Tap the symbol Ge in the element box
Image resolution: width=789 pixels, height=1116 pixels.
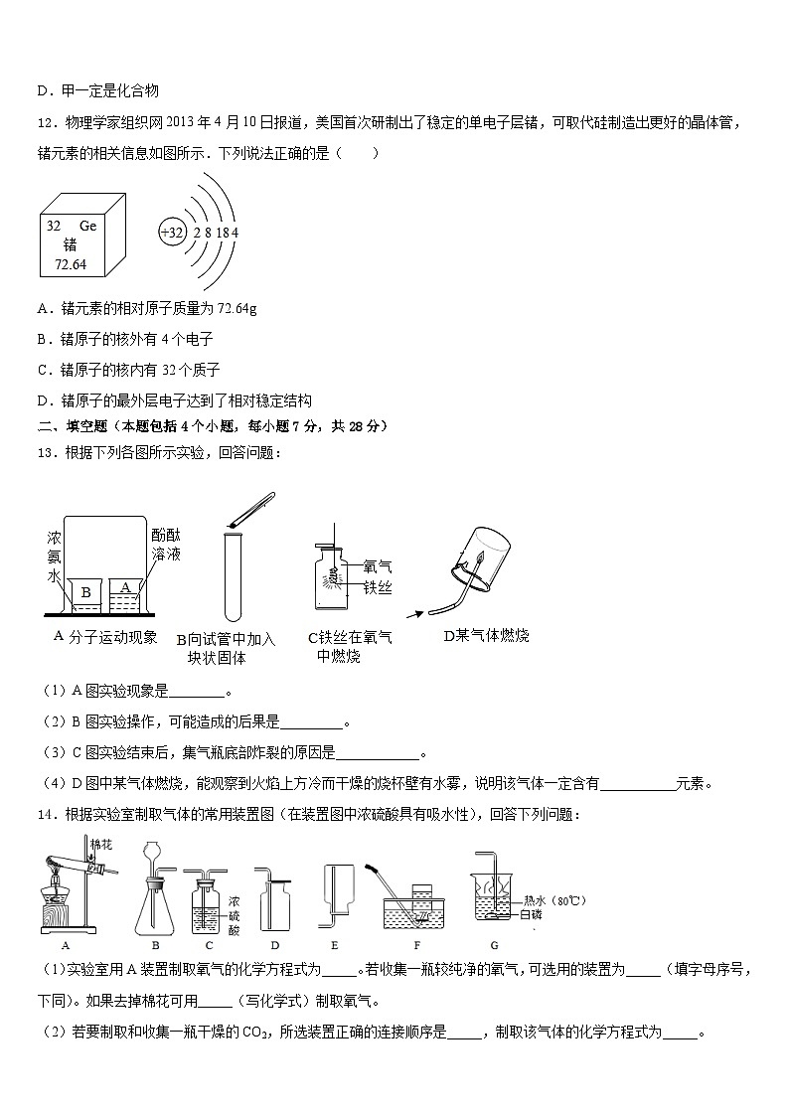[87, 226]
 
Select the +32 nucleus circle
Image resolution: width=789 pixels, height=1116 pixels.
[172, 233]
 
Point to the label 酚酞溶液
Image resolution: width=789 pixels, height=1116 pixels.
[166, 544]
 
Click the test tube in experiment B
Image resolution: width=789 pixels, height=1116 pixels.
[234, 576]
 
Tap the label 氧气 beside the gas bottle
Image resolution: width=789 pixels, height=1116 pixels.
[378, 566]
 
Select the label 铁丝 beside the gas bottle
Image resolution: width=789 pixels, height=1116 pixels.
[378, 588]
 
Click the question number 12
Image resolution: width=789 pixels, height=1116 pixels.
[45, 122]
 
